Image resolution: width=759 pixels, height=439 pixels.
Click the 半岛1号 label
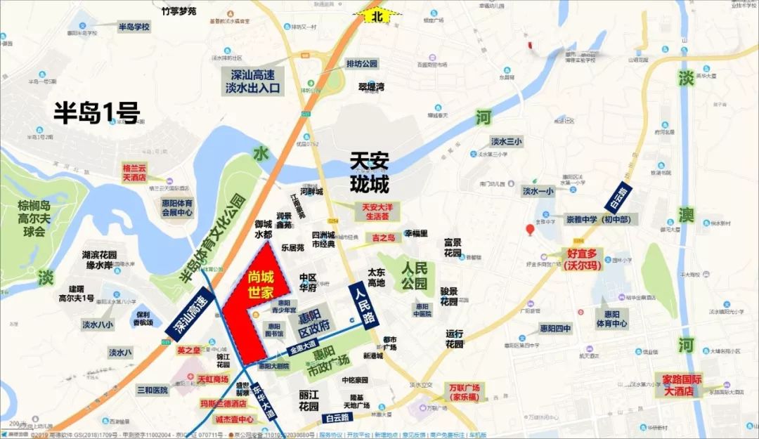coord(97,112)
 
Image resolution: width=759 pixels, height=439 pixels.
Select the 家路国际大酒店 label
coord(687,384)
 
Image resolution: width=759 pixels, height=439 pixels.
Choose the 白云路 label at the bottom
coord(340,417)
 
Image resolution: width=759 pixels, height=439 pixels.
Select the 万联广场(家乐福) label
coord(465,392)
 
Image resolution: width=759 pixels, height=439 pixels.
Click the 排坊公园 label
coord(362,63)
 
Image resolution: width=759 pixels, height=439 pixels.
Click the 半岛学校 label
coord(134,27)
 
